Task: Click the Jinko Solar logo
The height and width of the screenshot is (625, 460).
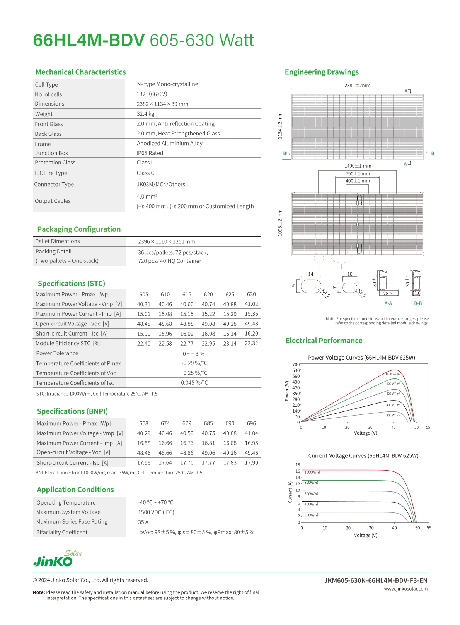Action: tap(57, 559)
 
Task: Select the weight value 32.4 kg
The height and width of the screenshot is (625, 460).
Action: tap(145, 114)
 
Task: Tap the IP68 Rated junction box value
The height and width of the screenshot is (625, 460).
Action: tap(150, 153)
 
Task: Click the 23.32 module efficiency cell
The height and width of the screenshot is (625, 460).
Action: tap(251, 343)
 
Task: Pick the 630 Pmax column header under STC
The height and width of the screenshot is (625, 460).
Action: tap(251, 294)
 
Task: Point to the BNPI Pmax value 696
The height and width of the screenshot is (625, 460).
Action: tap(251, 423)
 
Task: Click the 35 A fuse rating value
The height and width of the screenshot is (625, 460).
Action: tap(143, 522)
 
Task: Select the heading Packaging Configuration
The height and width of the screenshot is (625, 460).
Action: tap(79, 229)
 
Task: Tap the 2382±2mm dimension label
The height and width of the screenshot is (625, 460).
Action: tap(357, 85)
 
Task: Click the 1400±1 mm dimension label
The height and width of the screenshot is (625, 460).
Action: tap(358, 166)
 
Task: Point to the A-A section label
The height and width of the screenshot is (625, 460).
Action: tap(388, 303)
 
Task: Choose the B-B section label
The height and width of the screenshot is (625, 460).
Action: tap(418, 303)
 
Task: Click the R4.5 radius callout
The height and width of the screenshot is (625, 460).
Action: tap(326, 293)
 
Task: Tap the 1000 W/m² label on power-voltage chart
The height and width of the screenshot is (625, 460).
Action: tap(393, 374)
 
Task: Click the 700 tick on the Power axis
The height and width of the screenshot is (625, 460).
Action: tap(296, 365)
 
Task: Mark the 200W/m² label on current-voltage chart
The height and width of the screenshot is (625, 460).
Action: tap(311, 515)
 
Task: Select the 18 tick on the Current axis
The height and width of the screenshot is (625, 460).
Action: tap(298, 465)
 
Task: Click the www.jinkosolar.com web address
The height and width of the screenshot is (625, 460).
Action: tap(405, 589)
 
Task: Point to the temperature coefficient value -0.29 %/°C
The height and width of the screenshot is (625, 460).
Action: tap(194, 363)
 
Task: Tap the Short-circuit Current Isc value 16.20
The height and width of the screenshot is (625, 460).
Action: tap(251, 334)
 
